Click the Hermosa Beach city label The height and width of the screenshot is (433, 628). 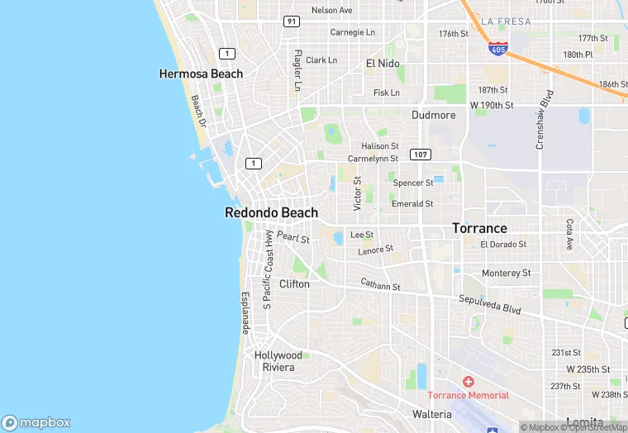(201, 74)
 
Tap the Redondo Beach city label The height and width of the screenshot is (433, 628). (271, 212)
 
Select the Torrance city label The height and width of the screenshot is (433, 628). (479, 228)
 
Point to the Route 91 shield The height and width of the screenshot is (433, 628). (291, 21)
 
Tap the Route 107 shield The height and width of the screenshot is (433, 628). (421, 155)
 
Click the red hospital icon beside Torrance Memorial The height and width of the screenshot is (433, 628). (469, 382)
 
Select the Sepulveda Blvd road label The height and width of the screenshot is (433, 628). (490, 302)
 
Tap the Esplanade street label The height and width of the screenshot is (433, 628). (245, 313)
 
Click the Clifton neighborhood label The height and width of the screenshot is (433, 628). (294, 283)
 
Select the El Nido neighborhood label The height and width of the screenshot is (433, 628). (383, 64)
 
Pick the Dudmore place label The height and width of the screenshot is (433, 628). (434, 116)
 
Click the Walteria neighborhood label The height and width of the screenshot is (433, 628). (431, 414)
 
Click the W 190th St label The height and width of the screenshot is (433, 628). (492, 106)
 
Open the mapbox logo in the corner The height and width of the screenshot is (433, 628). (37, 422)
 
